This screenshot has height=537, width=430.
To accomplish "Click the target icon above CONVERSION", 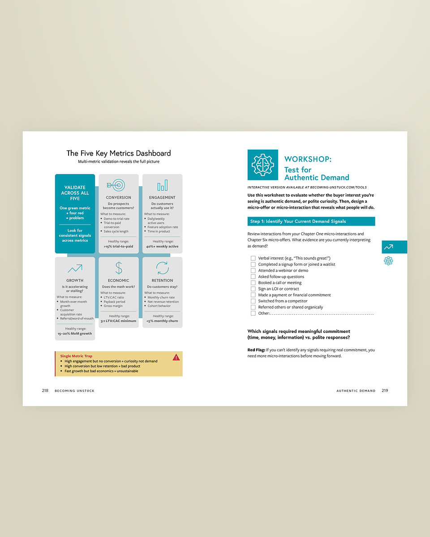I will tap(118, 185).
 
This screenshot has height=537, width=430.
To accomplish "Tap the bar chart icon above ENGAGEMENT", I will tap(162, 185).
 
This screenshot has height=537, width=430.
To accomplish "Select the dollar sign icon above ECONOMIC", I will tap(119, 268).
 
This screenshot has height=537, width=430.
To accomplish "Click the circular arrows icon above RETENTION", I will tap(162, 268).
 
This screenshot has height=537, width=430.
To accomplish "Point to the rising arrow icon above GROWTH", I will tap(75, 268).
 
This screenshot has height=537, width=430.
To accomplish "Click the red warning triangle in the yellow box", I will tap(176, 357).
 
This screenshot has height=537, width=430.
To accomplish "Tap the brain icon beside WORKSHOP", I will tap(262, 165).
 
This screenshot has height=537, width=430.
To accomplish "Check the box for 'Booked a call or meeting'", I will tap(253, 283).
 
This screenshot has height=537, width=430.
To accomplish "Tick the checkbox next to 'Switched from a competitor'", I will tap(253, 301).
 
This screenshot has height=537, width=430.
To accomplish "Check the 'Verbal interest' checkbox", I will tap(253, 258).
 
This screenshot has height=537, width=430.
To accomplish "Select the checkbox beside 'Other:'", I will tap(253, 313).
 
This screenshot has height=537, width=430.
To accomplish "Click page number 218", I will tap(45, 391).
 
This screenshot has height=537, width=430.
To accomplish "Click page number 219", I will tap(385, 391).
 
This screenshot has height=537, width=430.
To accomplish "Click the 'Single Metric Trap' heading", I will tap(76, 356).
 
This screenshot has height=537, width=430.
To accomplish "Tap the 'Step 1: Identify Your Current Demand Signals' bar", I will tap(311, 222).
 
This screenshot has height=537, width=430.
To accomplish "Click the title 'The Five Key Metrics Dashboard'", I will tap(118, 153).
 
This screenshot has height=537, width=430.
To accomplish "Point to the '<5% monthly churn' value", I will tap(162, 321).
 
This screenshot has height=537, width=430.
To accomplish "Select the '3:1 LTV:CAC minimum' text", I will tap(118, 321).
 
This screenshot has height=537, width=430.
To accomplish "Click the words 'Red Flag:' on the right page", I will tap(256, 350).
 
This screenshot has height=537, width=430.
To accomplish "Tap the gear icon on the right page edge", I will tap(388, 261).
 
